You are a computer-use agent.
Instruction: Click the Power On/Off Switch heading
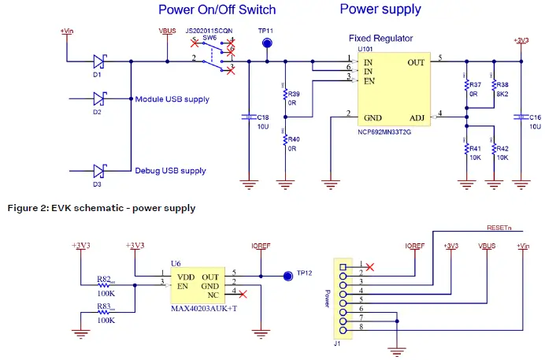[x=217, y=10]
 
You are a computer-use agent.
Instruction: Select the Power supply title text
[x=380, y=9]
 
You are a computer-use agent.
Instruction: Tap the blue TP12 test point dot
[x=286, y=276]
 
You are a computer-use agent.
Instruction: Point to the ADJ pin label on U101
[x=417, y=118]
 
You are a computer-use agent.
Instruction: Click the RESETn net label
[x=499, y=227]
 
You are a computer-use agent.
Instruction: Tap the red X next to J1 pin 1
[x=370, y=267]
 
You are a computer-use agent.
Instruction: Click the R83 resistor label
[x=104, y=306]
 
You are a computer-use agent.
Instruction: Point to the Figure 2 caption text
[x=101, y=208]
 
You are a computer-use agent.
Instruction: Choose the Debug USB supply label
[x=169, y=170]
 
